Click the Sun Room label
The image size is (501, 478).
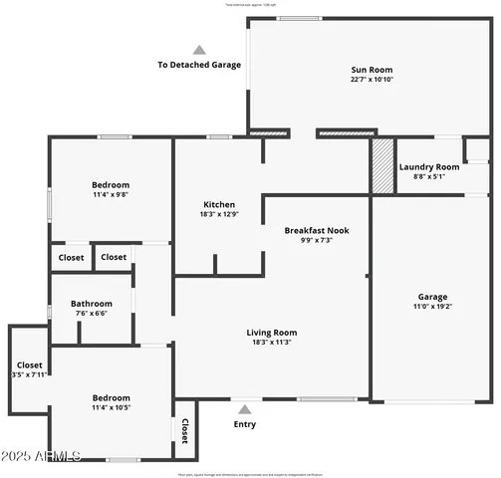[x=365, y=70]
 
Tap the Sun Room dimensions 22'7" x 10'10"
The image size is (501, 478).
[x=365, y=80]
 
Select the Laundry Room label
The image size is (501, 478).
[x=429, y=166]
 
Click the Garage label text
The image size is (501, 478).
[x=432, y=297]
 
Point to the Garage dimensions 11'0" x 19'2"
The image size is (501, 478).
[x=432, y=307]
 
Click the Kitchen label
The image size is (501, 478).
[x=219, y=204]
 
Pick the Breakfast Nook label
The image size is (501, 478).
[x=316, y=230]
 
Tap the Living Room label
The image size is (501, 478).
[x=272, y=333]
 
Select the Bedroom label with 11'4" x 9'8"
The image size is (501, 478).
[x=111, y=184]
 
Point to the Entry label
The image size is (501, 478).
[x=244, y=424]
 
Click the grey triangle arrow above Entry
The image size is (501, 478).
[x=244, y=408]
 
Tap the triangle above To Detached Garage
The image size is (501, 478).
[x=199, y=49]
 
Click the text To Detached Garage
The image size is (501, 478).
[x=199, y=65]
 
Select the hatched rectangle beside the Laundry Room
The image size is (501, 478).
[x=382, y=164]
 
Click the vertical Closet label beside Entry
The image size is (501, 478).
[x=185, y=429]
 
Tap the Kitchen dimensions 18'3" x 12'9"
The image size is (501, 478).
[x=219, y=214]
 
